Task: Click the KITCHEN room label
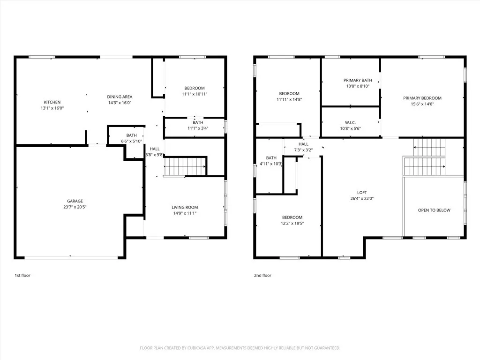52,102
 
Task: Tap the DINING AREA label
120,97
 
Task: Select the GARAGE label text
75,201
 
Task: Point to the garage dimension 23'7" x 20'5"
75,207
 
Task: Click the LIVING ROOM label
185,207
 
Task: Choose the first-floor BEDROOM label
194,88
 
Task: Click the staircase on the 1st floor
185,165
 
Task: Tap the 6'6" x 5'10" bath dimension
131,141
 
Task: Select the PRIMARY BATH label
358,80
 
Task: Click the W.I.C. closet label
351,122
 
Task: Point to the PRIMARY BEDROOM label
422,98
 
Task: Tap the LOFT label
362,192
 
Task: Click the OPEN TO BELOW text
434,210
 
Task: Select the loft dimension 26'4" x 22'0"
362,198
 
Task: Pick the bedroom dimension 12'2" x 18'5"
292,223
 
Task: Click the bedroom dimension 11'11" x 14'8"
289,99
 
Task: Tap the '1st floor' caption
22,275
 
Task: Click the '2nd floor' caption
262,275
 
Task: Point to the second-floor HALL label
303,144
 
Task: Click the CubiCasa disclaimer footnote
240,348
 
